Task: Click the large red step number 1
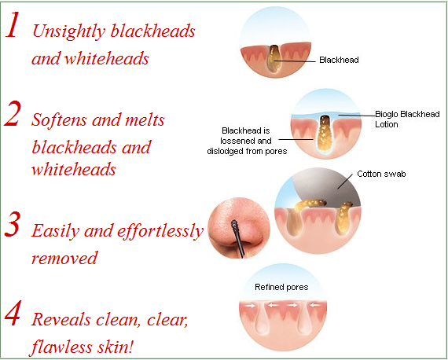13,25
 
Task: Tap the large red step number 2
13,114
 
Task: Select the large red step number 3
13,224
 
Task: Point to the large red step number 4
13,313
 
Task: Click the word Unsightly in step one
69,31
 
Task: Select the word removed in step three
64,258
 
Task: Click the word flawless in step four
61,347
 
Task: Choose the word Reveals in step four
61,319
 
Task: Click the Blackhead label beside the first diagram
339,60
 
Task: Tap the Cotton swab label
381,174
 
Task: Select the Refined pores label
281,287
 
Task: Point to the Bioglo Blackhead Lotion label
407,119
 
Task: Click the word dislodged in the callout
226,151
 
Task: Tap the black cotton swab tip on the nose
234,225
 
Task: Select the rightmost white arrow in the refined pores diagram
315,306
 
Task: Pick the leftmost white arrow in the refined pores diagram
250,306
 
